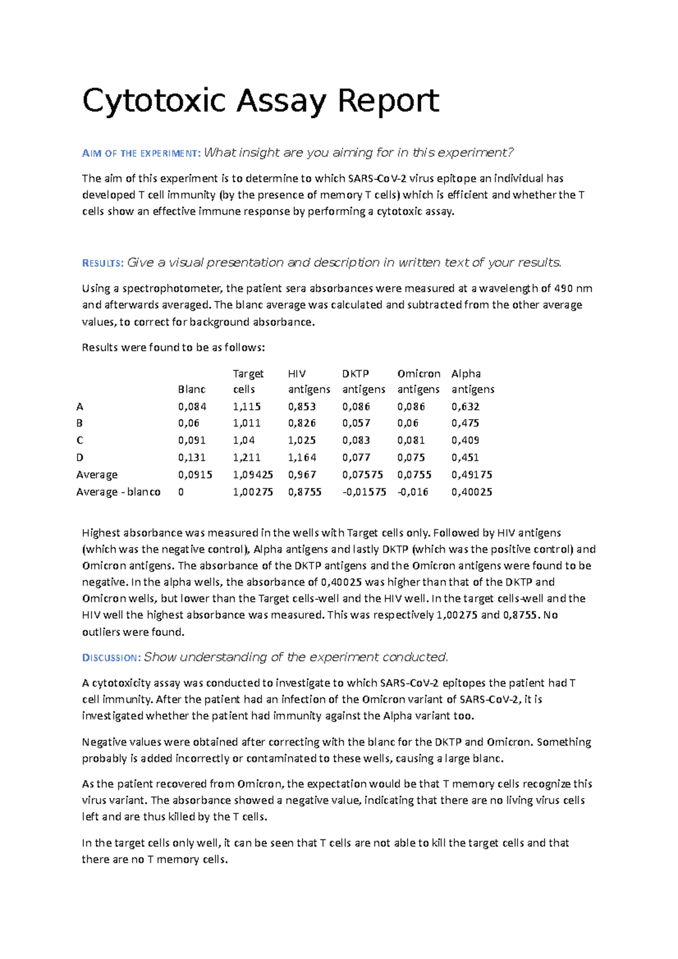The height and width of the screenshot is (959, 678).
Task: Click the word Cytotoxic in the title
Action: [x=154, y=102]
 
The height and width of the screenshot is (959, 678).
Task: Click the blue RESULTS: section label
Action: [x=102, y=263]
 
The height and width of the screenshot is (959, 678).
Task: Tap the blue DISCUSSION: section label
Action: [x=111, y=657]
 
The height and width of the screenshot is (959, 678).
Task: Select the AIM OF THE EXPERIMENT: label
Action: [x=141, y=153]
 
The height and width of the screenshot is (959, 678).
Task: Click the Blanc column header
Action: [x=192, y=389]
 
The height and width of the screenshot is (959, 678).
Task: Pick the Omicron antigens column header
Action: [x=418, y=381]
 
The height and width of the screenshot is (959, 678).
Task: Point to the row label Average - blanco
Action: [x=118, y=492]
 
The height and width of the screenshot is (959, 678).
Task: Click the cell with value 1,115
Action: [x=247, y=407]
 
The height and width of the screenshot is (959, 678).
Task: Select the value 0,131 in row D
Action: [x=192, y=457]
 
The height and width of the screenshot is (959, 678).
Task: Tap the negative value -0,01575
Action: [x=364, y=492]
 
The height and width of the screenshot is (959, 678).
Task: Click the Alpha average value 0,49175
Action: [x=471, y=475]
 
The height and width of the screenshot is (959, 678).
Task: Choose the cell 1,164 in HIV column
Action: [x=302, y=457]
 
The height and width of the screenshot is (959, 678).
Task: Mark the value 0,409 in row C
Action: [x=465, y=440]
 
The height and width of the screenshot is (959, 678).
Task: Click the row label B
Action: [x=80, y=423]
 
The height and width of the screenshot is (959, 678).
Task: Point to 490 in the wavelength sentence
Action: [x=563, y=289]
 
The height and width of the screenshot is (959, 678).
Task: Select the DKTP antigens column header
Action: [x=363, y=381]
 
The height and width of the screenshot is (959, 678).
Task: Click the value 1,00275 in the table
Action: [x=253, y=492]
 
